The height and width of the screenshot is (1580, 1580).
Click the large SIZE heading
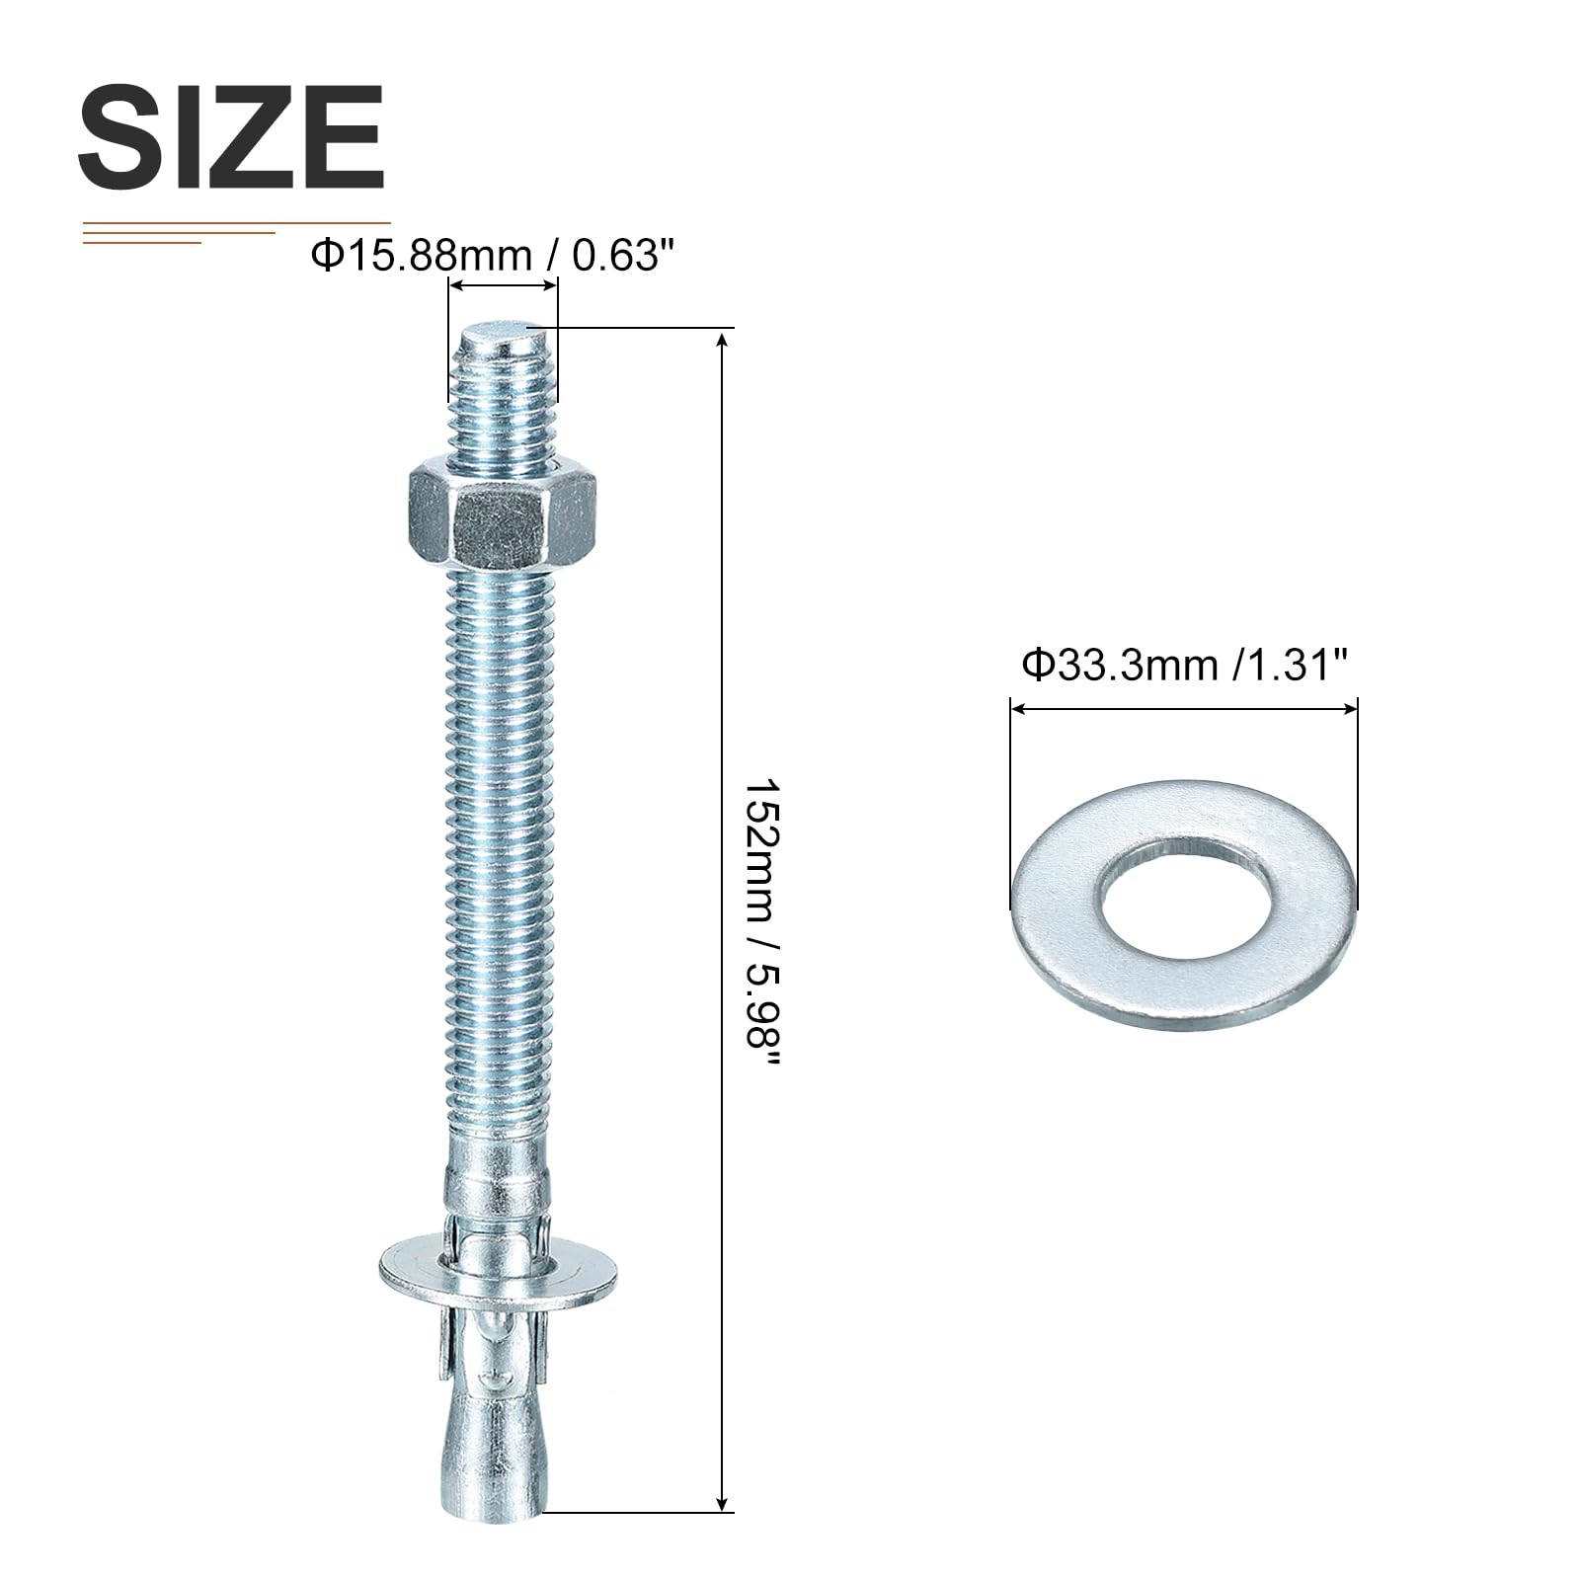click(x=231, y=137)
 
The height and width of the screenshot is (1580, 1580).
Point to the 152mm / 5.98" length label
click(x=762, y=924)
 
